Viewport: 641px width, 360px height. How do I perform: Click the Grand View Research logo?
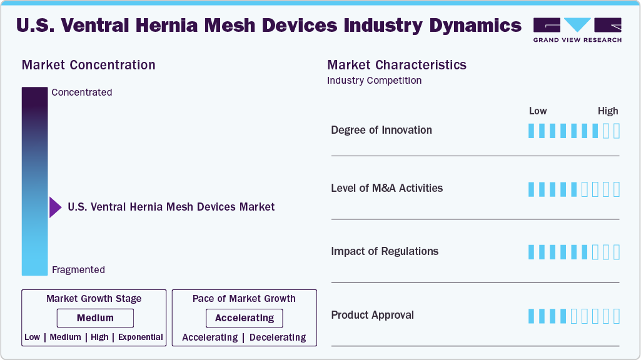pos(577,29)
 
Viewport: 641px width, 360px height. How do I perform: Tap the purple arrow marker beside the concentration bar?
pos(55,207)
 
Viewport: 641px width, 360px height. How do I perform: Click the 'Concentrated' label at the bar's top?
pos(82,92)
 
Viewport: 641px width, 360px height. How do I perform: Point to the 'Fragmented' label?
pos(78,270)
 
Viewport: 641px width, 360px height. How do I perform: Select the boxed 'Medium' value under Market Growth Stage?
pos(95,318)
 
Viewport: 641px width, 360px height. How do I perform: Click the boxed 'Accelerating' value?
pos(245,318)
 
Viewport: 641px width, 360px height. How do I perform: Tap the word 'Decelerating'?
pos(278,337)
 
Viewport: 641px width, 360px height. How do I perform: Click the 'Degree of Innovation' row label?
pos(381,130)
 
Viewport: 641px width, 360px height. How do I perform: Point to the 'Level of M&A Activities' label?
pos(386,188)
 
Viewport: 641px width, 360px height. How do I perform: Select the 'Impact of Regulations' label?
pos(385,251)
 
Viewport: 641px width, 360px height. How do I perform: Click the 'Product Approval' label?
pos(372,315)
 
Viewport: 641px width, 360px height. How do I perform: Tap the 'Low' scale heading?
pos(538,111)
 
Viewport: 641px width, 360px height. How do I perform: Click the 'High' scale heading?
pos(607,111)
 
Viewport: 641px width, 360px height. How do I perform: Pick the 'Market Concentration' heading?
pos(88,65)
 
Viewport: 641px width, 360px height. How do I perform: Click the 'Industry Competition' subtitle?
pos(374,81)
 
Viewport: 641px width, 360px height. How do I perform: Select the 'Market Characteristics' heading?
pos(396,65)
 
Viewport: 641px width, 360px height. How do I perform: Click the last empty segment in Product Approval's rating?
pos(616,316)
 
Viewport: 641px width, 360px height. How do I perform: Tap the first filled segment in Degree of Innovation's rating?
pos(532,131)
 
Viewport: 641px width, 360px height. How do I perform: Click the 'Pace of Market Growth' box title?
pos(244,299)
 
